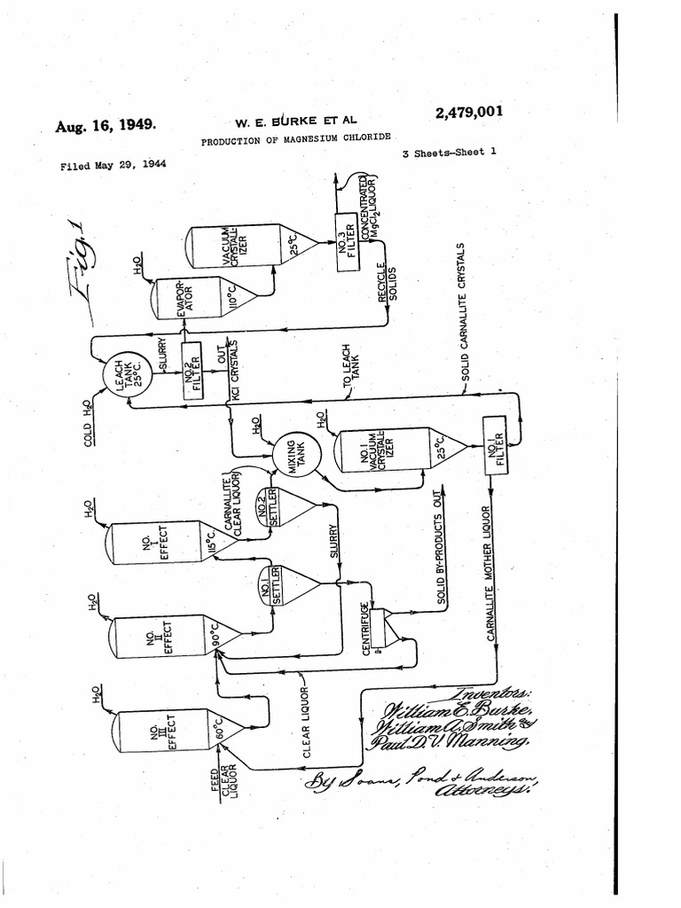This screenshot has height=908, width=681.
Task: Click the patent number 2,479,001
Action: tap(469, 113)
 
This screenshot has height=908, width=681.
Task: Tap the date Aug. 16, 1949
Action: tap(106, 125)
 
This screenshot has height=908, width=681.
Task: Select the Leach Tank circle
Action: tap(122, 373)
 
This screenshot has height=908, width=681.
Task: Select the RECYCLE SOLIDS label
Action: tap(388, 283)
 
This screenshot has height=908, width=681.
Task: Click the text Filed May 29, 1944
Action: tap(113, 166)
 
